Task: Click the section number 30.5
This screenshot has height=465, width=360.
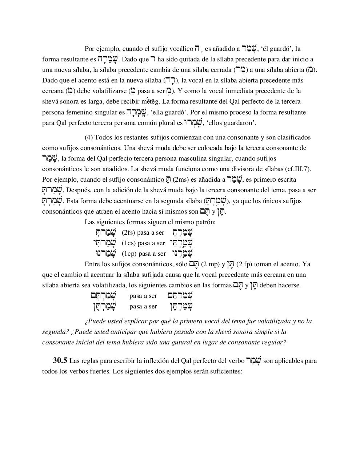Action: (60, 361)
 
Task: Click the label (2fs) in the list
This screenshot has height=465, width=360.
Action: (128, 232)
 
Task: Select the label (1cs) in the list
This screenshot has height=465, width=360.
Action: (128, 243)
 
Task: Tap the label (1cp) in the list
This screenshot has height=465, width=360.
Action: (129, 254)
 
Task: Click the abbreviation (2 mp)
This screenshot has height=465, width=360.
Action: (210, 264)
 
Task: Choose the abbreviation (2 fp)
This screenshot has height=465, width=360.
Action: (245, 264)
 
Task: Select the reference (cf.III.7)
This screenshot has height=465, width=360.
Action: (298, 169)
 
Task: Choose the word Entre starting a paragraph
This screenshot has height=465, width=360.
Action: (93, 264)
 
